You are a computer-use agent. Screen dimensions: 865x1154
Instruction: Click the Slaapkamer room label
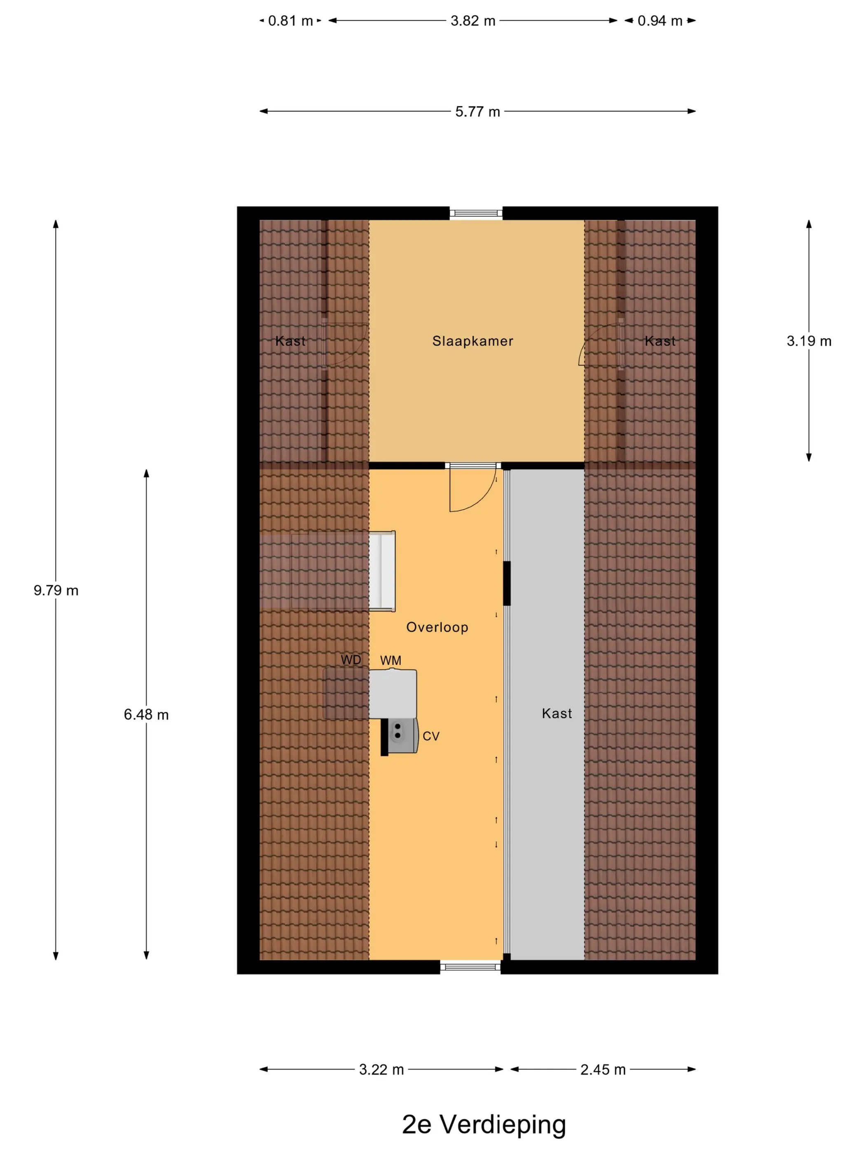click(472, 341)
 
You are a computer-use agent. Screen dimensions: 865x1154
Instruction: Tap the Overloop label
click(437, 628)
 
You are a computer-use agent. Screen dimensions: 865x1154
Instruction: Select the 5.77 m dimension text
click(477, 112)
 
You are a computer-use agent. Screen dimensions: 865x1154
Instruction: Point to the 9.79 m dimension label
click(56, 591)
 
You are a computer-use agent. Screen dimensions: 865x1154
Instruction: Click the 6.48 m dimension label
click(146, 715)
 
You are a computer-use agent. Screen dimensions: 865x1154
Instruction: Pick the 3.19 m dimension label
click(809, 341)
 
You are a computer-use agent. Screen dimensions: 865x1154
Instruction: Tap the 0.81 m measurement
click(290, 21)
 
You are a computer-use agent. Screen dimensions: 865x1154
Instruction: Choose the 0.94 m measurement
click(659, 21)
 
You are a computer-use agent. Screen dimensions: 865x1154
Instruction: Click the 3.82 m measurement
click(473, 21)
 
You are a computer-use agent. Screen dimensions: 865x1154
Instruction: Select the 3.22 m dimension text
click(381, 1070)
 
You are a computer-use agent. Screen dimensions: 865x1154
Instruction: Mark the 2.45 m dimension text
click(603, 1070)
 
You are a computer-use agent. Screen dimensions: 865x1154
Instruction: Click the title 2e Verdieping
click(484, 1125)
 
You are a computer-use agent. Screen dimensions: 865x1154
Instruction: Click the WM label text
click(390, 661)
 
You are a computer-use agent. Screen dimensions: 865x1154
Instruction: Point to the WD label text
click(351, 660)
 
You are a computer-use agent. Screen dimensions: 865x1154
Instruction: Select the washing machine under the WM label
click(393, 694)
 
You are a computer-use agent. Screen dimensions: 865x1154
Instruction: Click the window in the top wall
click(475, 213)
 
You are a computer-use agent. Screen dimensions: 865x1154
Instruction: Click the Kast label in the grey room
click(557, 714)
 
